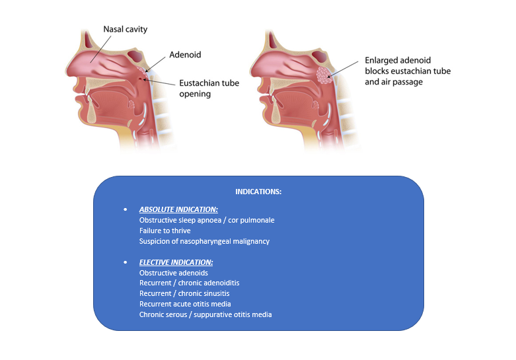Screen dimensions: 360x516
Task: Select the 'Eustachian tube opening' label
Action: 209,89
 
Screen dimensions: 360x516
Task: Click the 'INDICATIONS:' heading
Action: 258,192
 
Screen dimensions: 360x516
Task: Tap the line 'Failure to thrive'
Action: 165,231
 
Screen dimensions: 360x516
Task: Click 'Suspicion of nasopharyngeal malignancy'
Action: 204,241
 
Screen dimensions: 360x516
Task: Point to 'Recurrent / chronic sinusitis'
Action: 184,293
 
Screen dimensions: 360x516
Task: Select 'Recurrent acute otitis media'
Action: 182,304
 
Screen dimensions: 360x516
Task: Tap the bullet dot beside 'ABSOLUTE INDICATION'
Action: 126,209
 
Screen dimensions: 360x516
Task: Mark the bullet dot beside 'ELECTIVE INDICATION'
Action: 126,262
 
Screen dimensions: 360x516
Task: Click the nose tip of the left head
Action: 67,70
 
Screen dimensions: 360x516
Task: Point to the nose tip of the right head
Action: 254,70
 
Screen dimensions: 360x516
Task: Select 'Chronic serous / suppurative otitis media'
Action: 205,314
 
